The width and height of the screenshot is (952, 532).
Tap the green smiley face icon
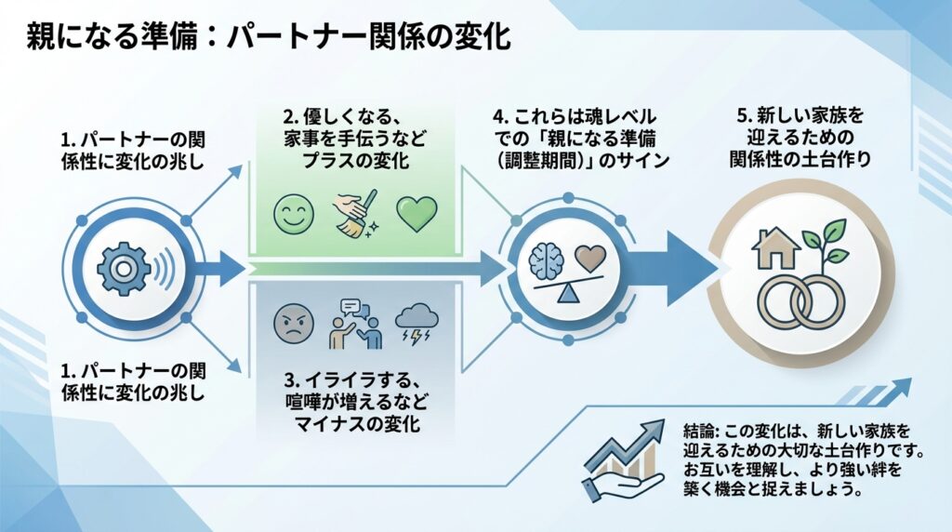click(x=290, y=214)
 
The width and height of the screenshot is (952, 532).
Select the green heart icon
click(x=416, y=214)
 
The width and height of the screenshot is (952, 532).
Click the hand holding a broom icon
click(x=354, y=212)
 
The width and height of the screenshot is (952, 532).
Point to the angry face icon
click(x=290, y=324)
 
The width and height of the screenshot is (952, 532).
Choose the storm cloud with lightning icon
click(x=416, y=324)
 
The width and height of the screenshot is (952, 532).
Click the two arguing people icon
click(x=355, y=322)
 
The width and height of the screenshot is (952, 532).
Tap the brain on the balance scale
click(x=547, y=260)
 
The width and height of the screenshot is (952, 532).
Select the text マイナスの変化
click(x=354, y=426)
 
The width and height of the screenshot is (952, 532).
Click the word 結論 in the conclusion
click(x=700, y=431)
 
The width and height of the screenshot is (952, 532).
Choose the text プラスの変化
click(x=354, y=159)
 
